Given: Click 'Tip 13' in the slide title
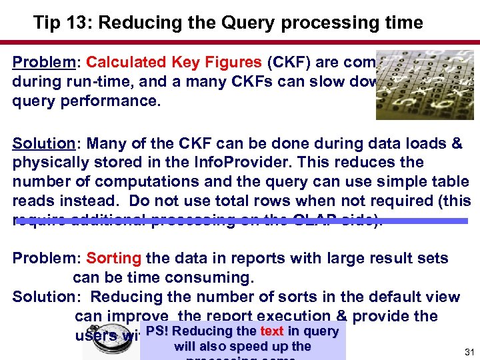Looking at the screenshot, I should (x=56, y=23).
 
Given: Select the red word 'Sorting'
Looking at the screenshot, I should (x=113, y=258).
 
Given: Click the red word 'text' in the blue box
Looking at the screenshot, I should (x=272, y=331).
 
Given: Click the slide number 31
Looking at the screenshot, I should (x=469, y=351).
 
